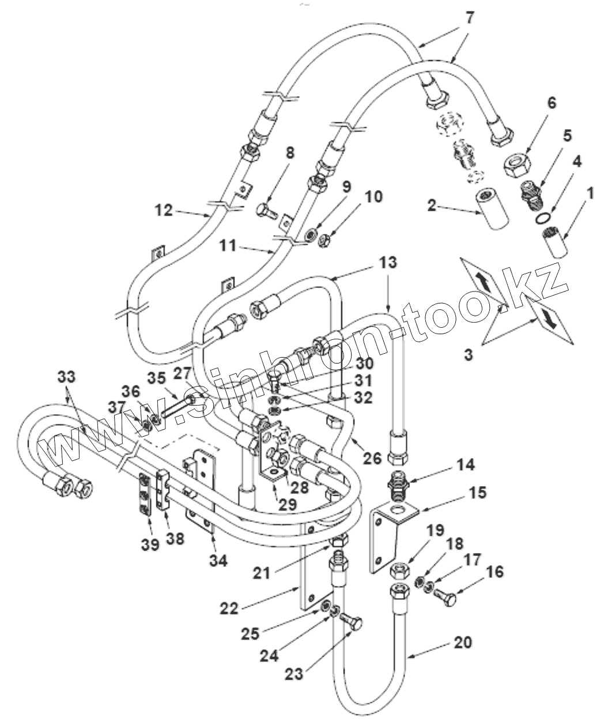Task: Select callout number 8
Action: pyautogui.click(x=290, y=154)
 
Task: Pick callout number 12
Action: pyautogui.click(x=164, y=210)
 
